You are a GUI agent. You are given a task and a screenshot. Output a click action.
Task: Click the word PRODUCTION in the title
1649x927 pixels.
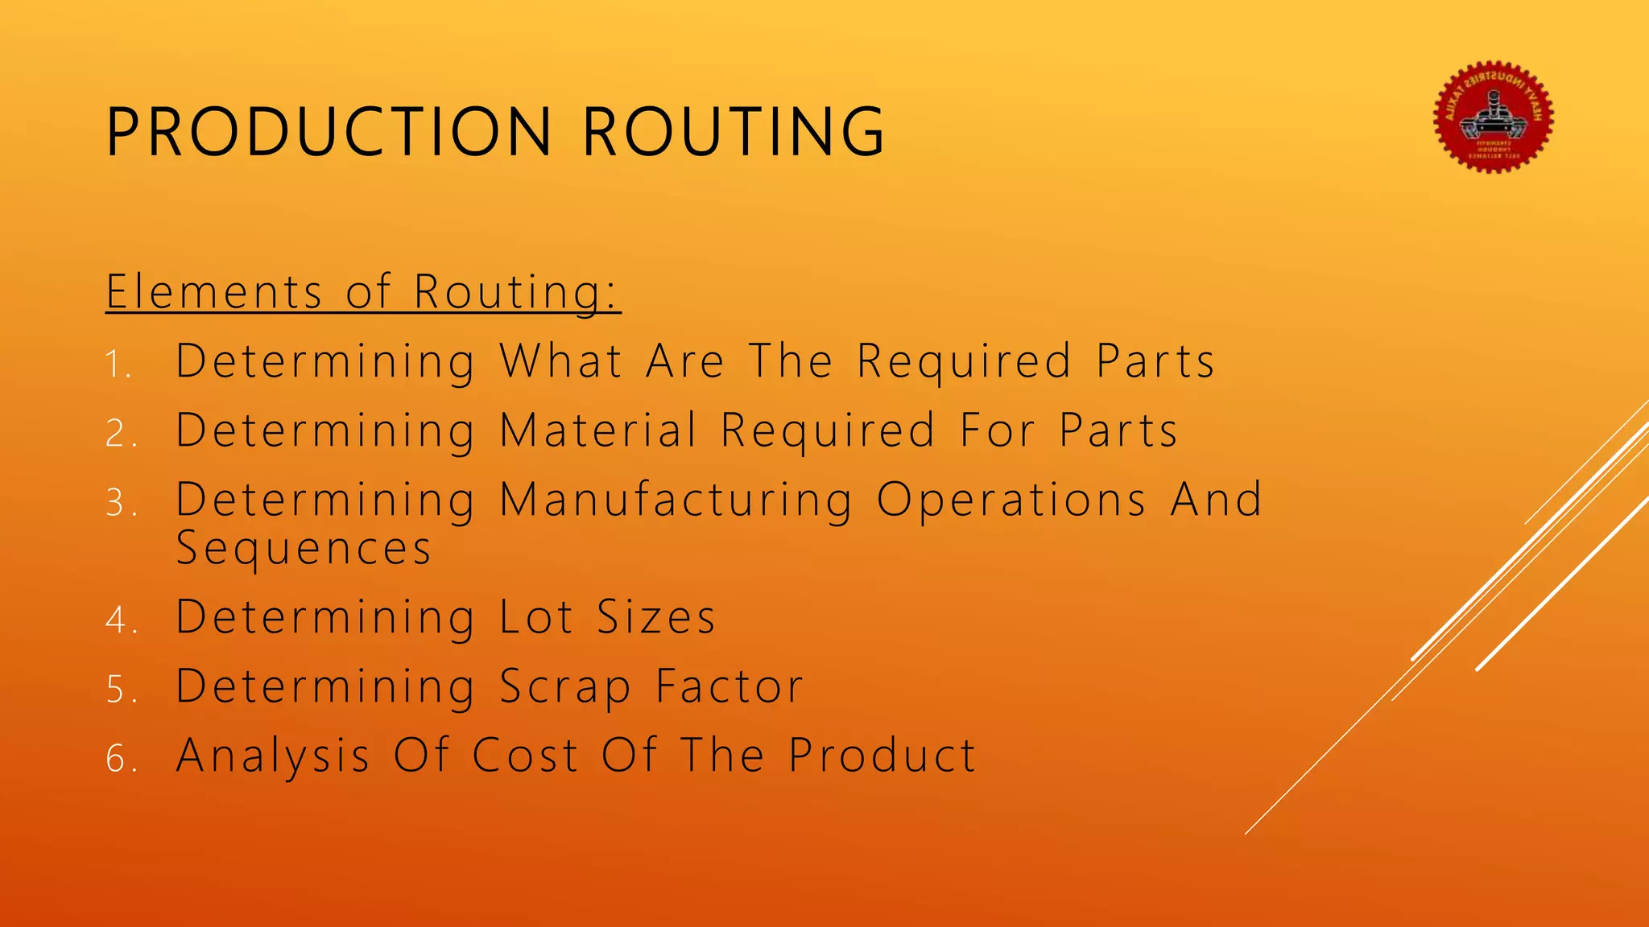(329, 131)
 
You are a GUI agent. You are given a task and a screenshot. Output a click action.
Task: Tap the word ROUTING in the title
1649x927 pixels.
(733, 131)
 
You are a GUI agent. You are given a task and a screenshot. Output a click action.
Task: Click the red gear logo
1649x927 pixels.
(1493, 117)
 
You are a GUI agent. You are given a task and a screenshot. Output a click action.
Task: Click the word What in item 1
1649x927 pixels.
(561, 360)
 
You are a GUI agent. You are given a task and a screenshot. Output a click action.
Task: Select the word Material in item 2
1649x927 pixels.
(598, 430)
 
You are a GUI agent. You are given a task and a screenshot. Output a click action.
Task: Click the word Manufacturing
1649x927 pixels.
(676, 501)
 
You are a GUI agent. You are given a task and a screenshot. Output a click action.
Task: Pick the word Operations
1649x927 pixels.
(1011, 501)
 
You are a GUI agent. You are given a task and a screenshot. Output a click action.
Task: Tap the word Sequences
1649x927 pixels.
(304, 550)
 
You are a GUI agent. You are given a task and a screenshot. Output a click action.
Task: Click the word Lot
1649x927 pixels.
(536, 617)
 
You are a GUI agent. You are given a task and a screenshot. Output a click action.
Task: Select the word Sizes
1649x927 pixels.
(656, 617)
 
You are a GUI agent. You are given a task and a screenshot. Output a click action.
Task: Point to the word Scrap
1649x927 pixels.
(565, 688)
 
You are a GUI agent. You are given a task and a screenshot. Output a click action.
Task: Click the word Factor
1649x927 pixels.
(729, 686)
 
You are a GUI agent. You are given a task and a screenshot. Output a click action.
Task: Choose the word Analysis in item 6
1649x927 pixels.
(273, 756)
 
